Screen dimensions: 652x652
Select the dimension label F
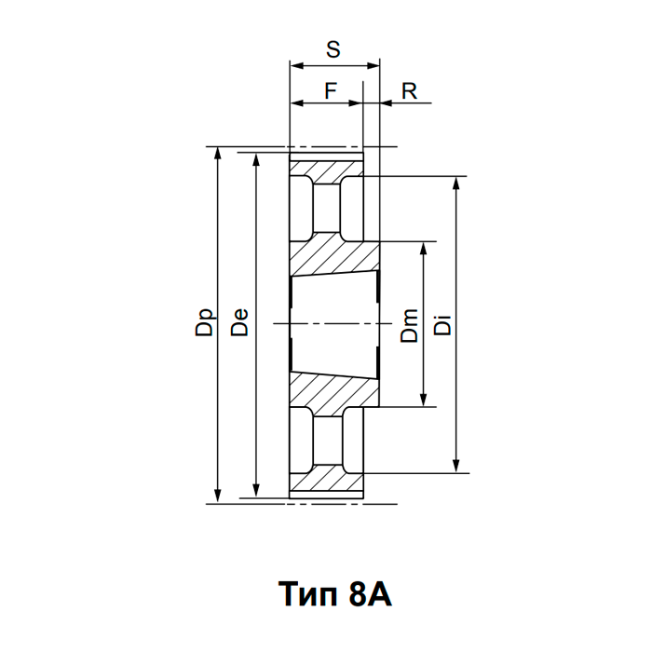click(x=330, y=90)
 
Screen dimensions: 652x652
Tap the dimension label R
click(x=408, y=90)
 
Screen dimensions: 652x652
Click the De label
click(x=239, y=323)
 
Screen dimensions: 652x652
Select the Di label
click(x=443, y=324)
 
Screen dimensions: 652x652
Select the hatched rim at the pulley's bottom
click(x=325, y=479)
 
